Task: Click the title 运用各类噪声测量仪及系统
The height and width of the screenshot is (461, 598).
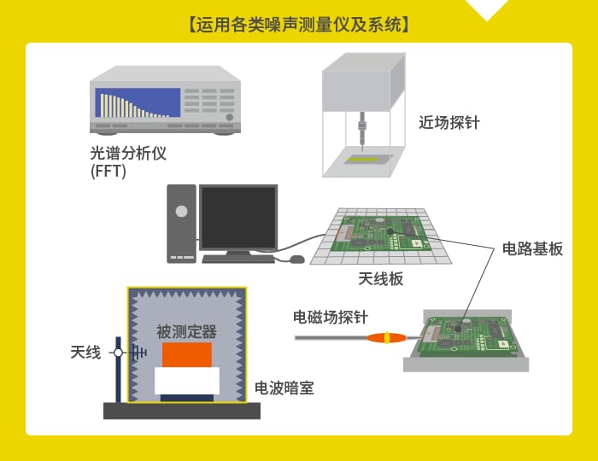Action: point(299,25)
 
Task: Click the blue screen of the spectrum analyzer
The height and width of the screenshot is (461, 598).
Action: point(138,102)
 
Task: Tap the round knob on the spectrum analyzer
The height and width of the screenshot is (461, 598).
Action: point(229,117)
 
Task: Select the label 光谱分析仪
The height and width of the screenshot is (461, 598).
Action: point(128,153)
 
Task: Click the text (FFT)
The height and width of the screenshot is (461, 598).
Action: point(108,171)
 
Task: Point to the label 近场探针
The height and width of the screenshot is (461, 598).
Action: point(449,123)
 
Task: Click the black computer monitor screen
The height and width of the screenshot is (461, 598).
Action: point(238,218)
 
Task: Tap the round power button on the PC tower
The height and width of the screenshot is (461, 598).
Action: point(181,211)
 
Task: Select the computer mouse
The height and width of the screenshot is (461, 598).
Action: point(297,260)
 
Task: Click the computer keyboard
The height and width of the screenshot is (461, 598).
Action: point(238,260)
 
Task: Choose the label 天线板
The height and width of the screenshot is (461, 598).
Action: point(381,279)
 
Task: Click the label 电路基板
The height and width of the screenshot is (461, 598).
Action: point(532,248)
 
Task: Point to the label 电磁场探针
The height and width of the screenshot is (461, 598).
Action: point(331,317)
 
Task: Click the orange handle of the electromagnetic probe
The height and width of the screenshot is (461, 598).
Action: point(386,337)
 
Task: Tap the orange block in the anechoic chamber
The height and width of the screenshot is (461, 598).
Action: point(187,355)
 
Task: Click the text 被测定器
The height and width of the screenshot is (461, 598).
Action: point(187,332)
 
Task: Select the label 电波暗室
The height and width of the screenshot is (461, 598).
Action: point(284,388)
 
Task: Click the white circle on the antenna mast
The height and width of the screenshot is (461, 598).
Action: point(118,353)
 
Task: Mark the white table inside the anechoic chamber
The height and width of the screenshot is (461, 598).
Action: point(187,381)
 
